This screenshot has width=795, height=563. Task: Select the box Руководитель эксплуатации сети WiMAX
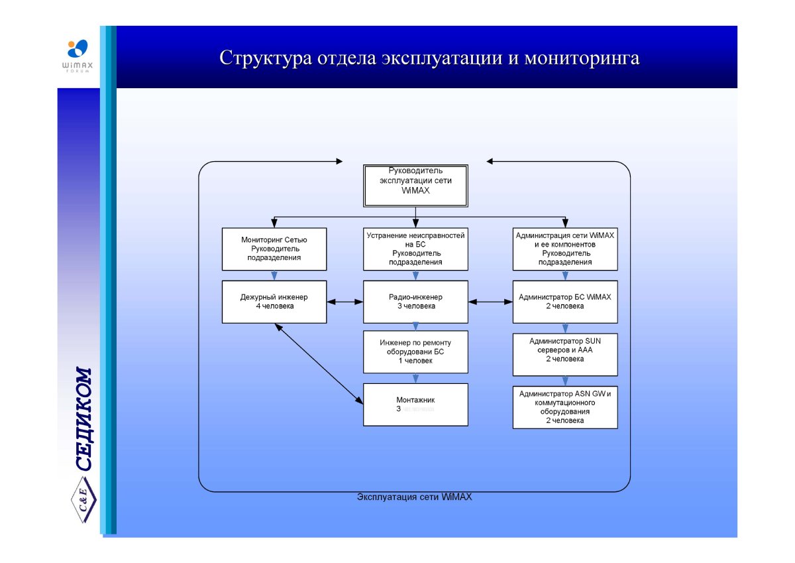(x=415, y=185)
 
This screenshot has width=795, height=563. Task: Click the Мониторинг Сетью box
(x=274, y=249)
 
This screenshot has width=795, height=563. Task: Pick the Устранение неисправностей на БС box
(x=415, y=249)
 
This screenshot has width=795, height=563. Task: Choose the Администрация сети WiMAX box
(x=565, y=249)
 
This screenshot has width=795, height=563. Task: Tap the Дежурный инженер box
(x=274, y=302)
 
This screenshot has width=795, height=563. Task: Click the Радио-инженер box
(x=415, y=302)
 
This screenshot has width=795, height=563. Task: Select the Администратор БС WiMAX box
(x=565, y=302)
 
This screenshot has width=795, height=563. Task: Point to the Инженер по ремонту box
(x=415, y=351)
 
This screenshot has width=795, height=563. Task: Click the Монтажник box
(x=415, y=405)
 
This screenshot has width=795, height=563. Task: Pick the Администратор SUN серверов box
(x=565, y=354)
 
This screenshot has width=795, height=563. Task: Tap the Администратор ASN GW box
(x=565, y=407)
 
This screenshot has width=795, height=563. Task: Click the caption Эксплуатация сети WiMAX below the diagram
(x=414, y=497)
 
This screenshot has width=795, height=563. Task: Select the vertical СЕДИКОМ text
(x=84, y=418)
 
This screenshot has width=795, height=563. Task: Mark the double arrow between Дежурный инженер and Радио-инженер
(x=344, y=302)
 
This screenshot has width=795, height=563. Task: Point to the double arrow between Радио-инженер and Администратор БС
(x=491, y=302)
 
